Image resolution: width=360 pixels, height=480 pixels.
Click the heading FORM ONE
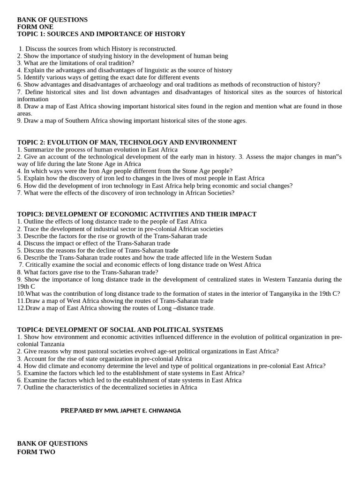[35, 27]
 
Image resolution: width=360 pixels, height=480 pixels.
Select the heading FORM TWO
[36, 452]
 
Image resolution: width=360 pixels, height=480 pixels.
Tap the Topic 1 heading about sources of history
[101, 34]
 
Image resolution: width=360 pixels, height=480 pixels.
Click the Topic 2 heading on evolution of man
[127, 142]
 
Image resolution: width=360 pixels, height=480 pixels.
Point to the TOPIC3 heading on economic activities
[137, 214]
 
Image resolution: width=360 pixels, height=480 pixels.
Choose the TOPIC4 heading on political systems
[120, 330]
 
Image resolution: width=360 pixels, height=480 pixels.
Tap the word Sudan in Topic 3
[262, 257]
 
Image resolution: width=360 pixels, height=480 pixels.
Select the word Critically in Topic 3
[39, 264]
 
